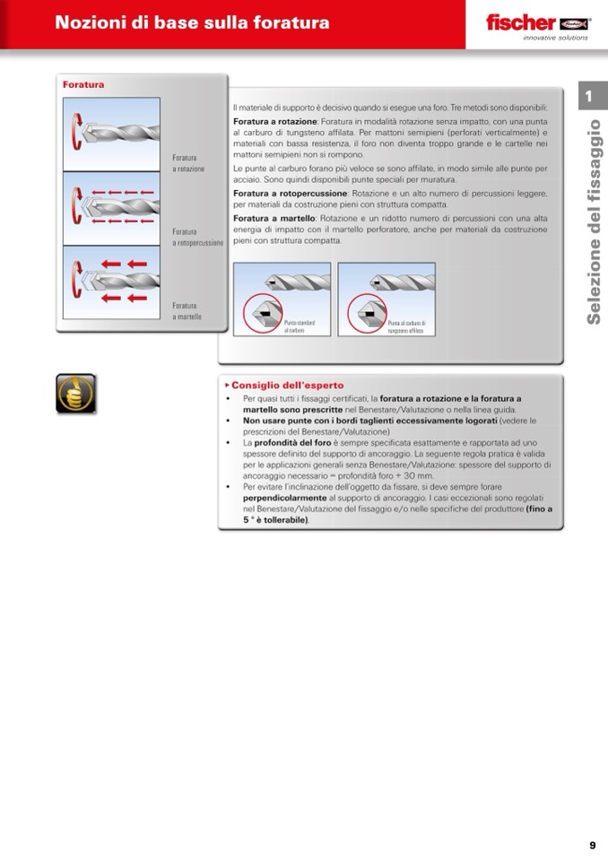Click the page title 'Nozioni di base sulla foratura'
(192, 23)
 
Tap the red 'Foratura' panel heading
(83, 85)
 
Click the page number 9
(593, 845)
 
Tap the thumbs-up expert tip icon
(75, 394)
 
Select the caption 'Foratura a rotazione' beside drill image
(188, 163)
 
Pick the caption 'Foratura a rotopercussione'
(197, 238)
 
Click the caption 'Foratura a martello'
(187, 311)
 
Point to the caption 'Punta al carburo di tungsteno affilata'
(406, 326)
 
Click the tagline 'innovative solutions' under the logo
(555, 38)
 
